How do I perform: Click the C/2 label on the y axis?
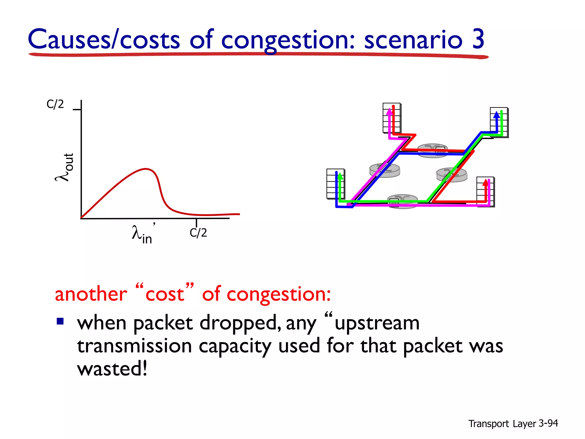point(55,104)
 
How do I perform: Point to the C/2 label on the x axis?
point(198,233)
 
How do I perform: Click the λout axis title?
point(65,167)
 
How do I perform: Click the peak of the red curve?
point(146,169)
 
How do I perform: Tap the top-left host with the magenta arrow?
point(391,118)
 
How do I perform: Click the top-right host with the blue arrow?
point(499,122)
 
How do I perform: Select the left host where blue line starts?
point(335,184)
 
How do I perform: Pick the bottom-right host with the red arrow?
point(485,191)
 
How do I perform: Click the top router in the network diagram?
point(432,150)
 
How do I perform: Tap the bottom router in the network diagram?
point(402,201)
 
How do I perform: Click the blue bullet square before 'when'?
point(60,322)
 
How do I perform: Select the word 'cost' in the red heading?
point(165,294)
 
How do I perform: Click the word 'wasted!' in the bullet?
point(112,369)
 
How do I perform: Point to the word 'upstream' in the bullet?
point(377,323)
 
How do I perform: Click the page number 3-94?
point(548,423)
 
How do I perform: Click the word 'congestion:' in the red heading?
point(279,294)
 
